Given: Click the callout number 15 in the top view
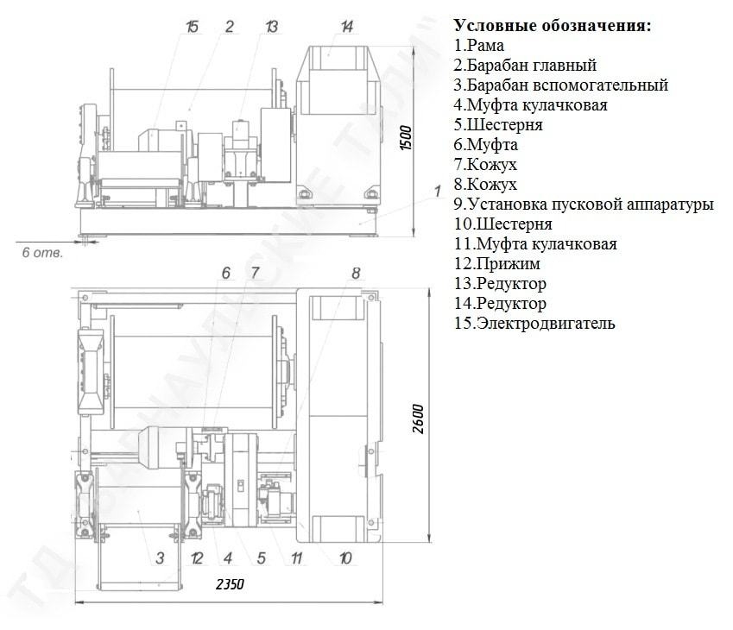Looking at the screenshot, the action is coord(193,26).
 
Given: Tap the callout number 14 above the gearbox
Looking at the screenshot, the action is coord(346,26).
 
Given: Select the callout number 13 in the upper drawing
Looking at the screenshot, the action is coord(272,26).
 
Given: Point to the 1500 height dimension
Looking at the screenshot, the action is coord(407,138).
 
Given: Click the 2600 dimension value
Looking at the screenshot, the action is coord(419,419).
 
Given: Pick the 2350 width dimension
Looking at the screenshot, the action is coord(230,584).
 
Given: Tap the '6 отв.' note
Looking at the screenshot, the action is coord(42,253).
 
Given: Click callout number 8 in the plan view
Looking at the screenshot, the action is coord(356,273).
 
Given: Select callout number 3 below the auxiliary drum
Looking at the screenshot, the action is coord(160,558).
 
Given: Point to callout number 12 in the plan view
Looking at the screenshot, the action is coord(197,558).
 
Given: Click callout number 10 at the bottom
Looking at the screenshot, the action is coord(345,558).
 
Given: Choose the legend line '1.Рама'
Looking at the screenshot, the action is coord(478,46).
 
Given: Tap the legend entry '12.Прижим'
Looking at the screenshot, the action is coord(497,263).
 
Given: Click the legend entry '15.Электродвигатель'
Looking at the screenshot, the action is coord(534,323).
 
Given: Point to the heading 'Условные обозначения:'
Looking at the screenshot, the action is coord(553,25).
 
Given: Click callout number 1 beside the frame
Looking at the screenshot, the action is coord(438,191).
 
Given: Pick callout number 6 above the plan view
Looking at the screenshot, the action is coord(226,273).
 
